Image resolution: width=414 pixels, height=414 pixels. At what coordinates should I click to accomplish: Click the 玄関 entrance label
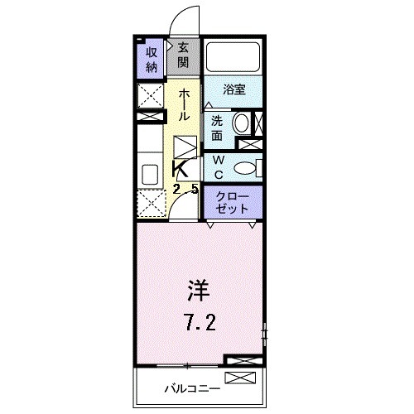point(182,56)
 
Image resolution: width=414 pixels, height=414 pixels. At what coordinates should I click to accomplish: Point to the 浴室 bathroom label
point(234,90)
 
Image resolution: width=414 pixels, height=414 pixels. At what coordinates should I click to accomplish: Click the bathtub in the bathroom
point(233,56)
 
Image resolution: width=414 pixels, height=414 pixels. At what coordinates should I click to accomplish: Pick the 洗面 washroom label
point(216,124)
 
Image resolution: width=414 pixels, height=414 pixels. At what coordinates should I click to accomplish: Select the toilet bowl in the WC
point(243,168)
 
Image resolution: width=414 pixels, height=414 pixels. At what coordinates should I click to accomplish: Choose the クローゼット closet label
point(233,204)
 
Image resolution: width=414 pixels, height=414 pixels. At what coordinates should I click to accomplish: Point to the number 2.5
point(185,189)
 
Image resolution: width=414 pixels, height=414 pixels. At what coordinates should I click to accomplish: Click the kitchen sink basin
point(150,174)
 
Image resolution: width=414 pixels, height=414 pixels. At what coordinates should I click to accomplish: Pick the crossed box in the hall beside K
point(185,149)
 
